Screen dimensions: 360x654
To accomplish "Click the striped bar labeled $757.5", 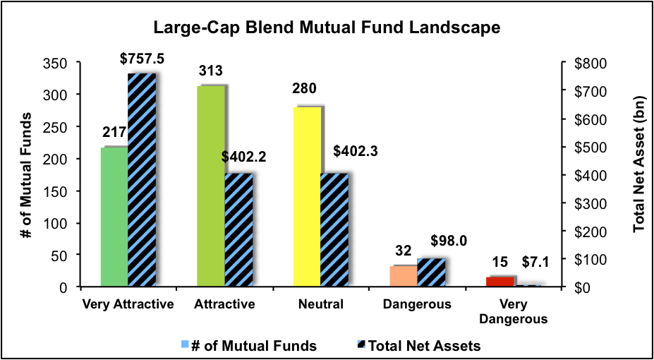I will point(142,180).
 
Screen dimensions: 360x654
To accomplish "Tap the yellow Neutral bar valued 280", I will point(307,197).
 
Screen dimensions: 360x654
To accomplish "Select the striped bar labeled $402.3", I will point(334,230).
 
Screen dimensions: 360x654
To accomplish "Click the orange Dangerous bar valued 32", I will point(403,276).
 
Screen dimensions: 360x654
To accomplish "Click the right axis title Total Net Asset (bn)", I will point(639,175).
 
